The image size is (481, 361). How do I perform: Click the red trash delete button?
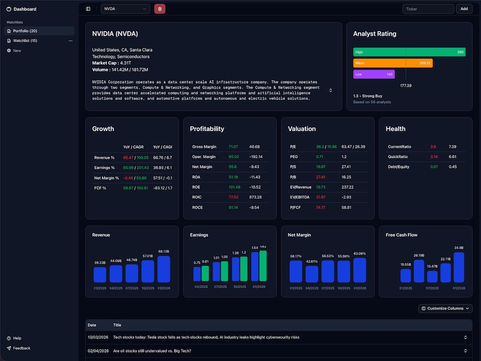(159, 8)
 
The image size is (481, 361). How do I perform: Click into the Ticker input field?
(428, 8)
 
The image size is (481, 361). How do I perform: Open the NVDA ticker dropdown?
(125, 8)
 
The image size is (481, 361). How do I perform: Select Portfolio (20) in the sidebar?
(25, 31)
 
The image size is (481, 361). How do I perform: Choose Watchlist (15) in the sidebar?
(25, 41)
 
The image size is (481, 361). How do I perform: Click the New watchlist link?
(17, 51)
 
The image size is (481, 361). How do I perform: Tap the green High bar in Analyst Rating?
(409, 52)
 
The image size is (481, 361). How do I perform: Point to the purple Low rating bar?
(373, 74)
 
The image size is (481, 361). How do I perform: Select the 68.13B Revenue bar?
(164, 269)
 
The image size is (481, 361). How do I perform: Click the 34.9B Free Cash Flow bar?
(458, 267)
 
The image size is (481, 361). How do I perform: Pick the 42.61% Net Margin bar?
(311, 274)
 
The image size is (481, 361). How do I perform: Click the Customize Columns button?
(445, 308)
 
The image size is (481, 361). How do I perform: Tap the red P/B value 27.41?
(320, 177)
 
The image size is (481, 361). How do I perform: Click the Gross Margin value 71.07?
(233, 147)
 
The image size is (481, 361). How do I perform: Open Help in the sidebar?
(17, 338)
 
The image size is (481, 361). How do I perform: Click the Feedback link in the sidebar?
(21, 348)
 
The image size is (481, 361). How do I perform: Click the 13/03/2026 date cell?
(97, 337)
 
